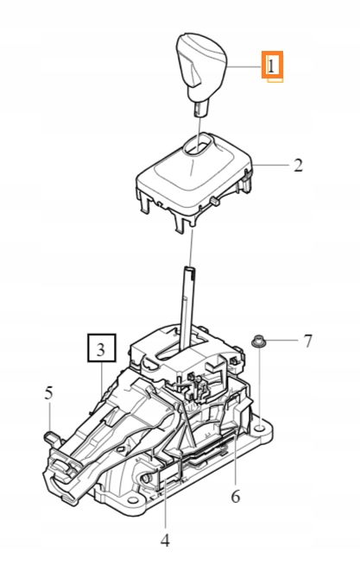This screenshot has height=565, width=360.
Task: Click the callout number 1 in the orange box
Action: point(273,65)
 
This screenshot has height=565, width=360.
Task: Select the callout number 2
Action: point(298,165)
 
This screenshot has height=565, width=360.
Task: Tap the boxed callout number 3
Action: point(100,349)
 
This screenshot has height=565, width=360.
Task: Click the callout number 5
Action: point(49,393)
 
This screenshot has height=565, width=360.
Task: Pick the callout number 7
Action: point(307,341)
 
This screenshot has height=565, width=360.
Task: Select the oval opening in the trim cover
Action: point(199,148)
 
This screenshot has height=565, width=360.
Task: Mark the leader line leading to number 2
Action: point(268,165)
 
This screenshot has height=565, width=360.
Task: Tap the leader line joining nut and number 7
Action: point(282,342)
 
